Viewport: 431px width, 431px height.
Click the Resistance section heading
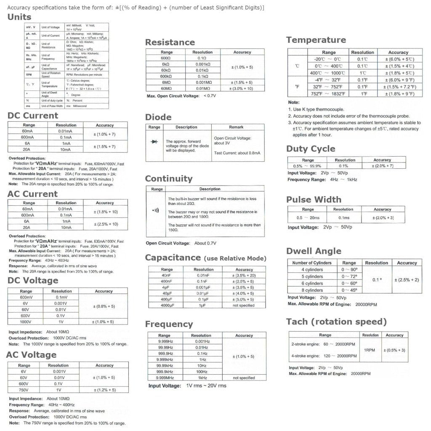pyautogui.click(x=170, y=42)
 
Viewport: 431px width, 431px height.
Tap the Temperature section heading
pyautogui.click(x=316, y=40)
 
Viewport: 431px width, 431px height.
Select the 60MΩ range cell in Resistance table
pyautogui.click(x=165, y=88)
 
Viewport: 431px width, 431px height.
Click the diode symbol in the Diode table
pyautogui.click(x=154, y=141)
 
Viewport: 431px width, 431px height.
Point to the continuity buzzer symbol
pyautogui.click(x=156, y=210)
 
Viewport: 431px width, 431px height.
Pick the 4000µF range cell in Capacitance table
pyautogui.click(x=167, y=305)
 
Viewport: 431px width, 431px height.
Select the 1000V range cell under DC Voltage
pyautogui.click(x=26, y=322)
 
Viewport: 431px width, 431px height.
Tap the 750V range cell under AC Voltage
pyautogui.click(x=24, y=390)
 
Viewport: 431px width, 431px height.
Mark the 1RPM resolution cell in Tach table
pyautogui.click(x=370, y=350)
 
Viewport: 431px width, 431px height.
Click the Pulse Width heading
pyautogui.click(x=314, y=200)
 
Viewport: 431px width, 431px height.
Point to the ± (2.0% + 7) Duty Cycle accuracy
pyautogui.click(x=382, y=166)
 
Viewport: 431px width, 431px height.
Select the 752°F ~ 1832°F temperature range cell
pyautogui.click(x=328, y=94)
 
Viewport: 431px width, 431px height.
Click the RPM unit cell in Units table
pyautogui.click(x=29, y=74)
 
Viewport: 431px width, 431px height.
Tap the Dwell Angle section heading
pyautogui.click(x=314, y=251)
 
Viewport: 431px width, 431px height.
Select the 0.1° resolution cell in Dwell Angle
pyautogui.click(x=376, y=280)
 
